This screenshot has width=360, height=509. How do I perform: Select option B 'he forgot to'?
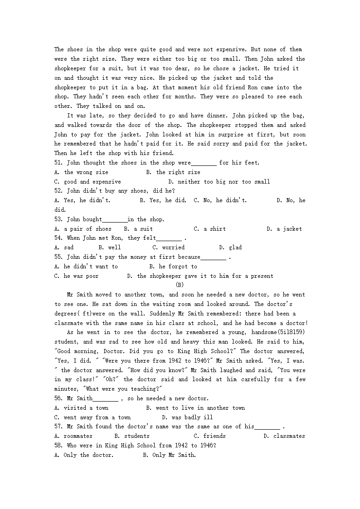pyautogui.click(x=173, y=267)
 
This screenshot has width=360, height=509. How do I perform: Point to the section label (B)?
pyautogui.click(x=180, y=285)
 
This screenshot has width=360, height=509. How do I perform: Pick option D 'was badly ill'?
pyautogui.click(x=187, y=417)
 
